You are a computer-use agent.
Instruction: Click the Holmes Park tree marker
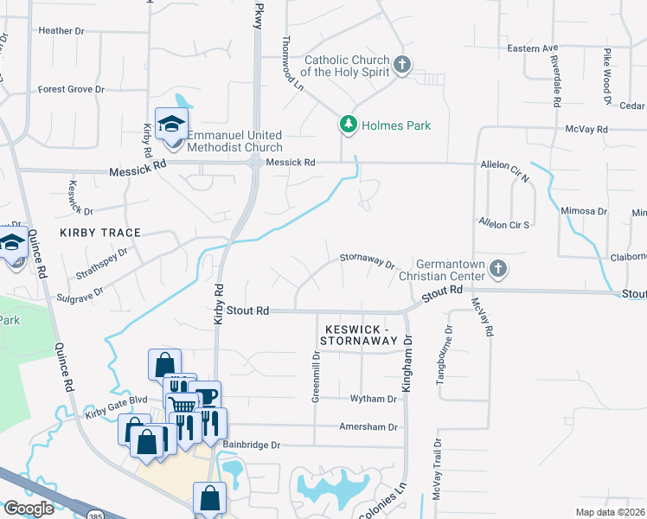(349, 125)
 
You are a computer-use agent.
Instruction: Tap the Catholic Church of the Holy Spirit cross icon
(401, 64)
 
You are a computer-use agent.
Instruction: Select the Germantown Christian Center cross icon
(497, 269)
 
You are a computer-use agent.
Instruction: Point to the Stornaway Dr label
(367, 258)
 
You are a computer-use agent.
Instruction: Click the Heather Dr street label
(61, 30)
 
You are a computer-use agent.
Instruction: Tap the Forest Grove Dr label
(71, 89)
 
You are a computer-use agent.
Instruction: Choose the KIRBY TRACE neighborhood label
(99, 234)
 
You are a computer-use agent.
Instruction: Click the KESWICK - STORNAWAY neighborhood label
(361, 335)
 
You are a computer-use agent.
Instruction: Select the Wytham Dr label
(373, 399)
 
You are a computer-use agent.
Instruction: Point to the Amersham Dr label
(368, 427)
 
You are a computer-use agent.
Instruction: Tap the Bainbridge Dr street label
(252, 445)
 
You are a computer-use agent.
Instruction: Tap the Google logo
(29, 509)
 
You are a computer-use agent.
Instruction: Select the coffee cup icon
(206, 397)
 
